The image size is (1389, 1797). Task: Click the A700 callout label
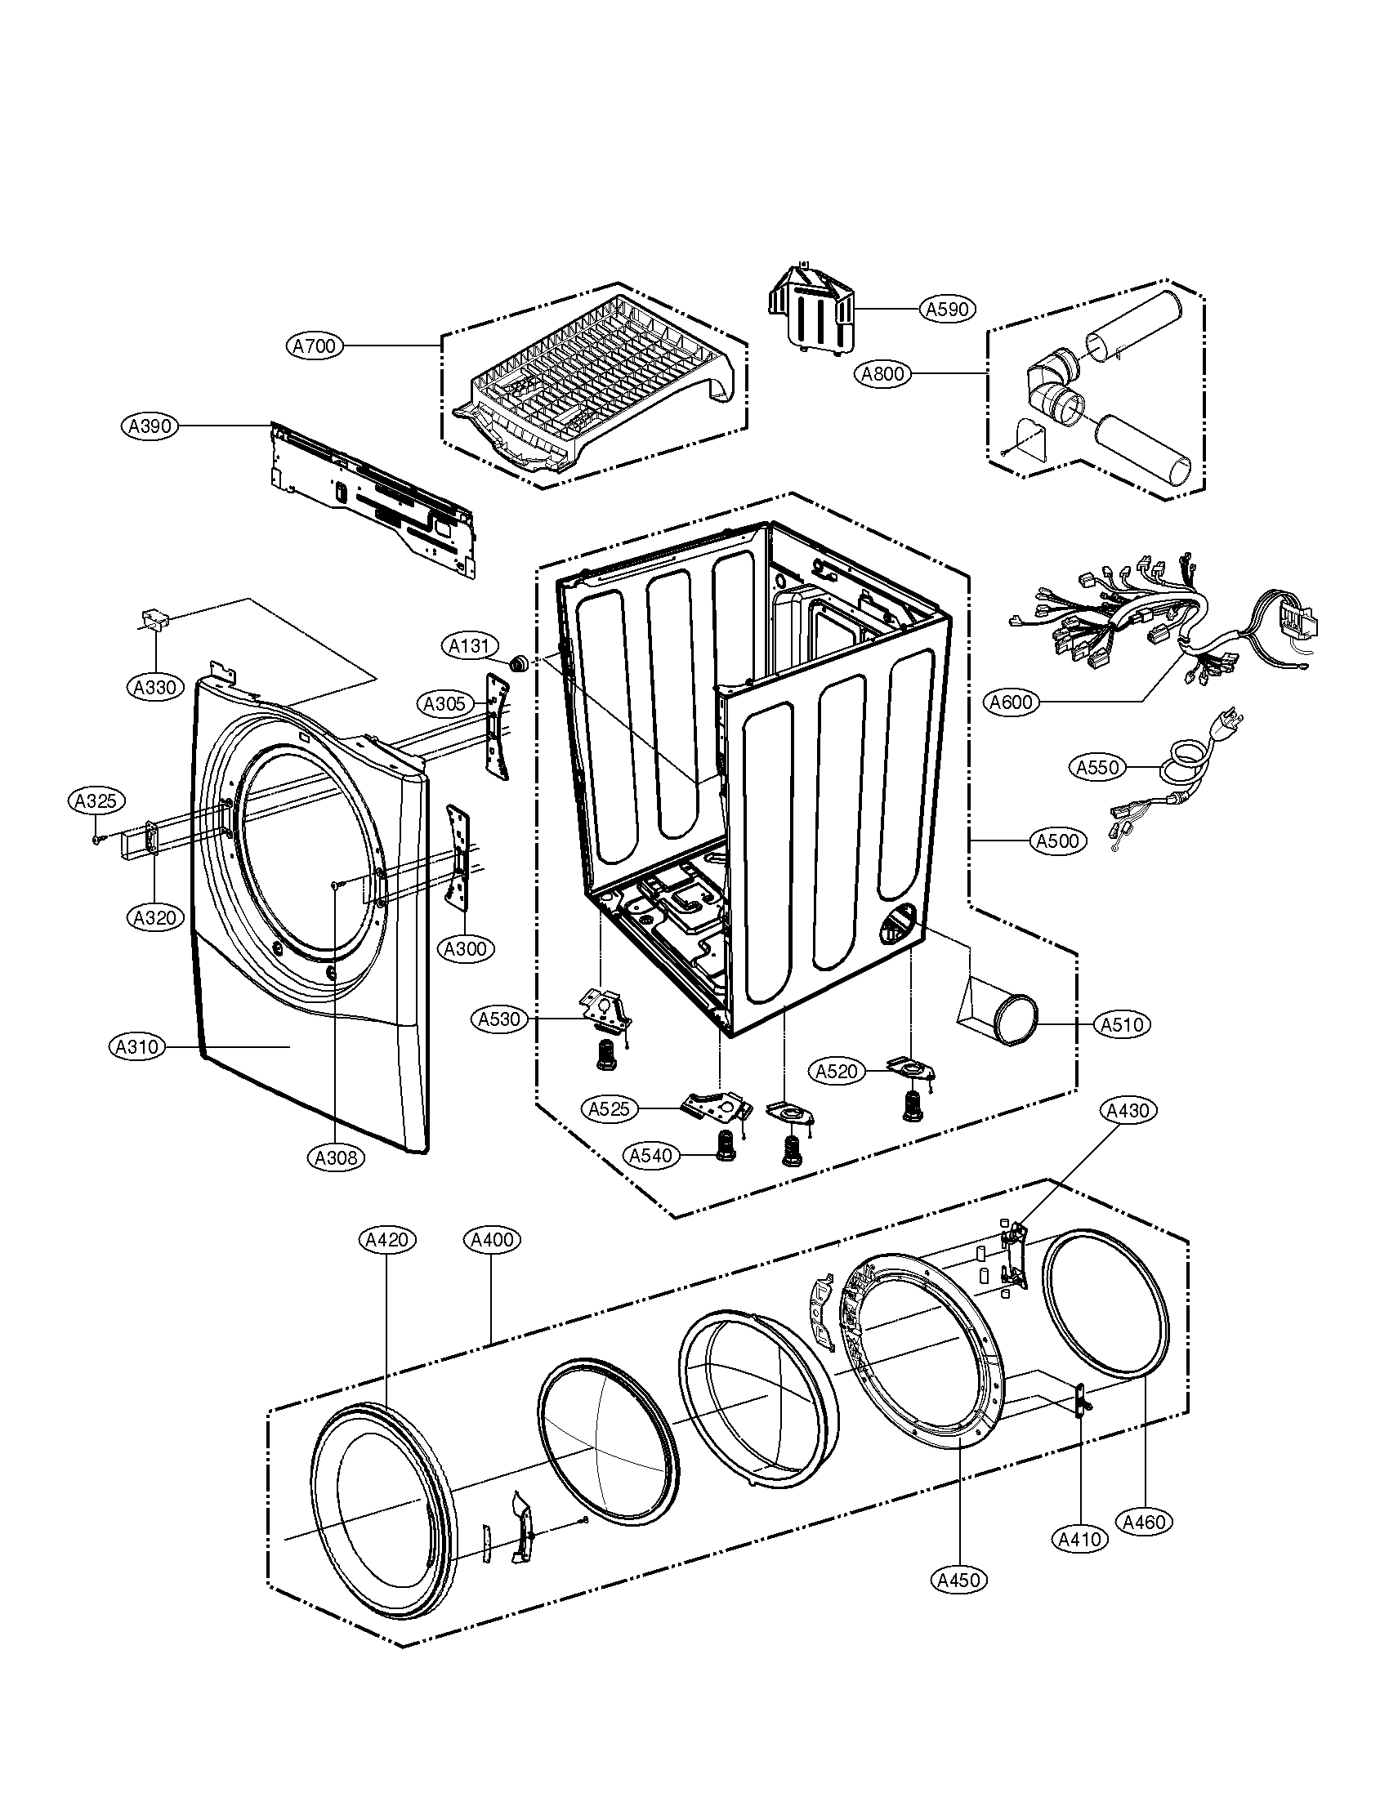[x=315, y=346]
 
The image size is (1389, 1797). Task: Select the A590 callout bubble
[x=947, y=310]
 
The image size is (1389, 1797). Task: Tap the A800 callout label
[x=882, y=374]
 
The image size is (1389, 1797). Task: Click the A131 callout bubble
[x=468, y=647]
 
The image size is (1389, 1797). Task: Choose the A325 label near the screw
[x=96, y=800]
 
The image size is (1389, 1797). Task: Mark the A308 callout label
[x=337, y=1157]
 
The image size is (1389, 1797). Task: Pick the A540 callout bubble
[x=650, y=1156]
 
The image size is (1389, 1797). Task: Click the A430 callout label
[x=1127, y=1111]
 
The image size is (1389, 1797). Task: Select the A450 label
[x=958, y=1580]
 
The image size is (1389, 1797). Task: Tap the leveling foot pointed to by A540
[x=724, y=1144]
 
